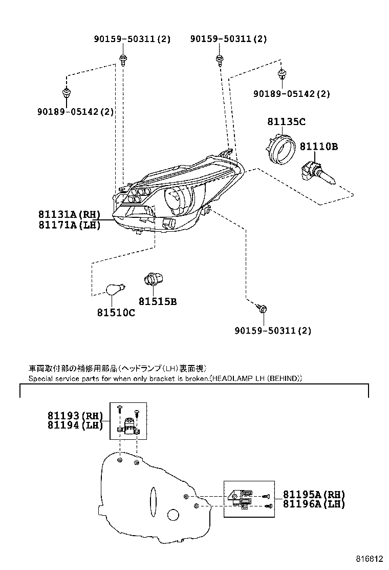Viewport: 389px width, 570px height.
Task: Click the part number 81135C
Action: [x=286, y=121]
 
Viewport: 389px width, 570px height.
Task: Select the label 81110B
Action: [x=318, y=147]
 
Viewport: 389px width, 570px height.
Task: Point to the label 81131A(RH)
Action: [x=69, y=214]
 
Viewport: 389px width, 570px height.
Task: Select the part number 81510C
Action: [x=116, y=313]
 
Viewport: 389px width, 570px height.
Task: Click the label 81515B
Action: [x=157, y=302]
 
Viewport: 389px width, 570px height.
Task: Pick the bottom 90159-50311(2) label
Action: [x=273, y=331]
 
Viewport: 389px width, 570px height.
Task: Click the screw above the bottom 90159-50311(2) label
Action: [x=263, y=309]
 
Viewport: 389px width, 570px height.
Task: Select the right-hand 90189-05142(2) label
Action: [x=292, y=94]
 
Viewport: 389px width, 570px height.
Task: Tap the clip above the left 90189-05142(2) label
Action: [x=66, y=93]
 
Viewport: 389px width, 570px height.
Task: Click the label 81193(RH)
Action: [x=75, y=416]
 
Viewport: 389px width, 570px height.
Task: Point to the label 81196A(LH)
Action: [x=314, y=504]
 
